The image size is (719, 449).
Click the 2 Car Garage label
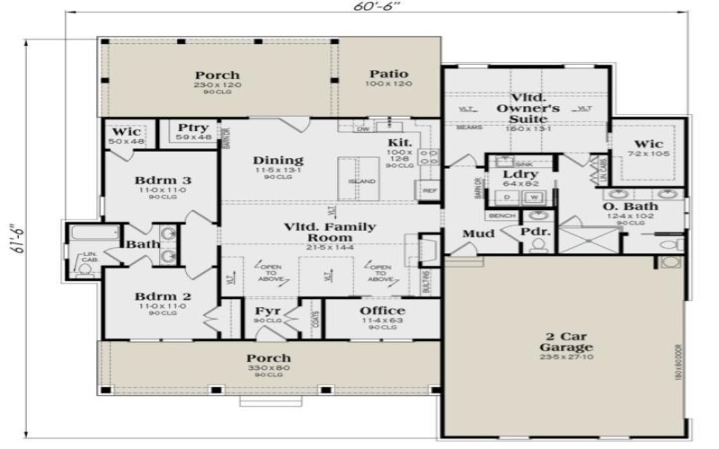point(565,341)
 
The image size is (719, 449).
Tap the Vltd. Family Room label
point(330,233)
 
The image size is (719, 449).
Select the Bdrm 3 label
point(163,180)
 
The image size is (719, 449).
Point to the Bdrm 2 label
point(163,296)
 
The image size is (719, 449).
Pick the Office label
point(382,312)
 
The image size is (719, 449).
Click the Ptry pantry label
point(193,128)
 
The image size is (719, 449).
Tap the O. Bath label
point(632,207)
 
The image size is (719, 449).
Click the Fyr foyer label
point(270,312)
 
